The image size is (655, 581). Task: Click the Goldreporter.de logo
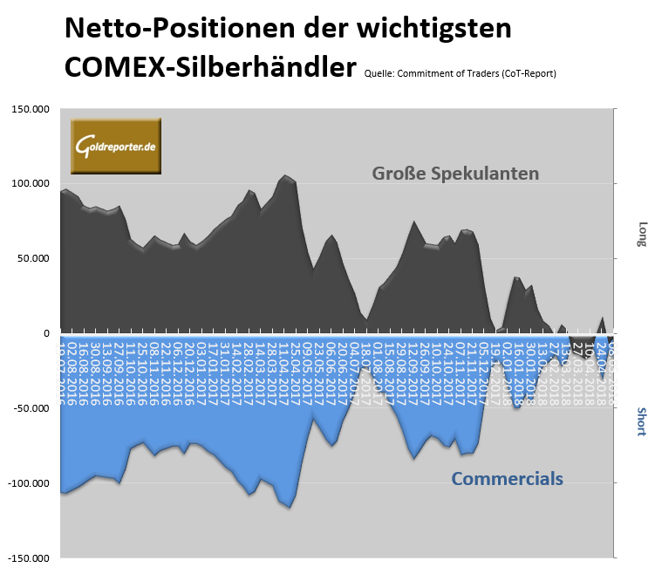(x=116, y=146)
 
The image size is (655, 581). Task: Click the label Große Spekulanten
(x=455, y=173)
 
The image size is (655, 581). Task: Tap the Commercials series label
(x=507, y=478)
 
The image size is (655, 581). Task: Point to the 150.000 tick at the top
(x=30, y=109)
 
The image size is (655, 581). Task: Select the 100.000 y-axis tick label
(x=30, y=184)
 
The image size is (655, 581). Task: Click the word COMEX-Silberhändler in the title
(x=210, y=67)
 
